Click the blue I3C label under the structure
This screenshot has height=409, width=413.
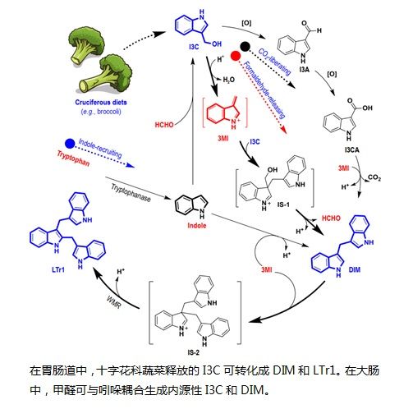tap(194, 47)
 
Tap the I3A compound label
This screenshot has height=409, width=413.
tap(304, 70)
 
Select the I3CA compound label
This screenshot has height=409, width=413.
tap(351, 149)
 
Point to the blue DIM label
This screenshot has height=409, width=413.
tap(355, 269)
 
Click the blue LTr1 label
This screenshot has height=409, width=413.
tap(58, 269)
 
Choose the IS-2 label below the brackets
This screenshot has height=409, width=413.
tap(194, 352)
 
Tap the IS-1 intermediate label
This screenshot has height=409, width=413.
tap(283, 204)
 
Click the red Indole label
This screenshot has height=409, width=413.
tap(197, 226)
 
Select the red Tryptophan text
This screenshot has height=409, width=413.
tap(73, 159)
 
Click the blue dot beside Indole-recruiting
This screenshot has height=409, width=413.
tap(70, 144)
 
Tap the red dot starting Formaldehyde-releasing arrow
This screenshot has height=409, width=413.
tap(236, 56)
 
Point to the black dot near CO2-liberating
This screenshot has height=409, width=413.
tap(245, 47)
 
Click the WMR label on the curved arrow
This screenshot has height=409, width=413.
tap(113, 301)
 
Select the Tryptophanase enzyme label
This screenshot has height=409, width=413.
tap(131, 192)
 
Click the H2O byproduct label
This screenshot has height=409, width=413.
tap(229, 80)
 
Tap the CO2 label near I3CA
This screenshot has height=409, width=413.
tap(374, 177)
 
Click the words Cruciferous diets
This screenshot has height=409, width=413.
tap(101, 103)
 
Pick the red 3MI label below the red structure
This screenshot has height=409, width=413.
tap(223, 138)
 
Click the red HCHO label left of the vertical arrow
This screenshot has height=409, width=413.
tap(164, 125)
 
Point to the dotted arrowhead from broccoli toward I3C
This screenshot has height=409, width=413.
tap(159, 34)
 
